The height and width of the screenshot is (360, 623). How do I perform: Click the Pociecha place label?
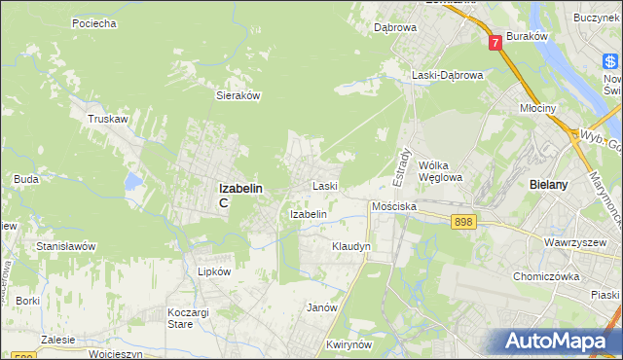[94, 22]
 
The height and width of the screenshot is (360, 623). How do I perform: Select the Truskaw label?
[109, 119]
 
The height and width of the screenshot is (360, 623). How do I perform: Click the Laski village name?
[324, 186]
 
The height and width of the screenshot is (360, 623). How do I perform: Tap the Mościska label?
[394, 207]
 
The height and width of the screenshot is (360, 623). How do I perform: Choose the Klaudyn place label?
[351, 247]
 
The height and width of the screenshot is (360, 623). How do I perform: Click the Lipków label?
[214, 272]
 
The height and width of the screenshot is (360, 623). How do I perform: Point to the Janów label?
[321, 307]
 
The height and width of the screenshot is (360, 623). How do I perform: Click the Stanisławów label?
[65, 247]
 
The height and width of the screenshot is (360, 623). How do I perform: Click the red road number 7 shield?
[496, 42]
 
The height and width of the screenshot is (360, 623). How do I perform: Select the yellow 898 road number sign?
[463, 223]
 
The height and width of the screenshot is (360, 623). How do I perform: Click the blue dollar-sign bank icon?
[611, 62]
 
